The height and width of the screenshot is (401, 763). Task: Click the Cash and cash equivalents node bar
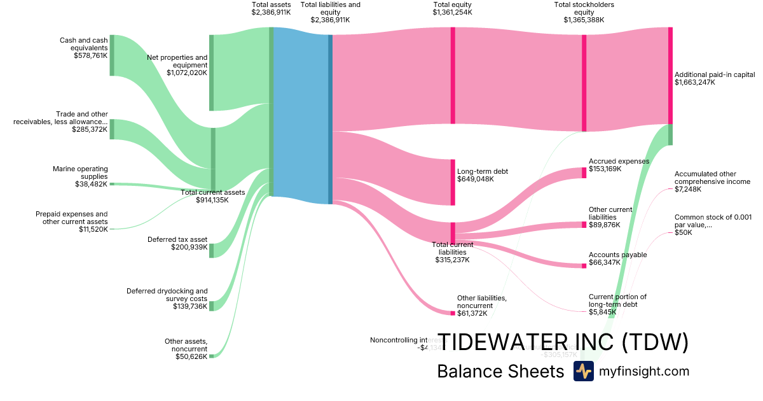click(x=112, y=55)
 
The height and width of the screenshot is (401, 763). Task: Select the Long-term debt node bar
click(x=453, y=183)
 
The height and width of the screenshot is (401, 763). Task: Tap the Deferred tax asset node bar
click(x=212, y=250)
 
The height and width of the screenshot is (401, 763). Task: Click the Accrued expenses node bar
click(x=584, y=172)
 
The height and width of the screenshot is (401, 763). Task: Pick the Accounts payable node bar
click(x=584, y=265)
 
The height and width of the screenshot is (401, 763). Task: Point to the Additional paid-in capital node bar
click(x=670, y=76)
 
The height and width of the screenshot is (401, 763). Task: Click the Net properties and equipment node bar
click(x=212, y=73)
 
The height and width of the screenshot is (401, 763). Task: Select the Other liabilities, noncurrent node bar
click(x=453, y=313)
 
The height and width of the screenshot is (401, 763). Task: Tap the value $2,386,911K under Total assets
click(x=271, y=12)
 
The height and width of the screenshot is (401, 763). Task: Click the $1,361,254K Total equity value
click(x=452, y=12)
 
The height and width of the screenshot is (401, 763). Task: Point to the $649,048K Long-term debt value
click(x=476, y=179)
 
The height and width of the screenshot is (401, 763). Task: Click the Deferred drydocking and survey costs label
click(x=167, y=295)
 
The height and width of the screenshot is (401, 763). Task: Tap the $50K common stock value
click(x=684, y=233)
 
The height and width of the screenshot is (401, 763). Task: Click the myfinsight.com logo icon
click(x=583, y=371)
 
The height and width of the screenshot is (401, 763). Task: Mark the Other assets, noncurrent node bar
click(x=212, y=356)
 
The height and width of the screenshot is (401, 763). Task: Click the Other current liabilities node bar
click(x=584, y=224)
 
